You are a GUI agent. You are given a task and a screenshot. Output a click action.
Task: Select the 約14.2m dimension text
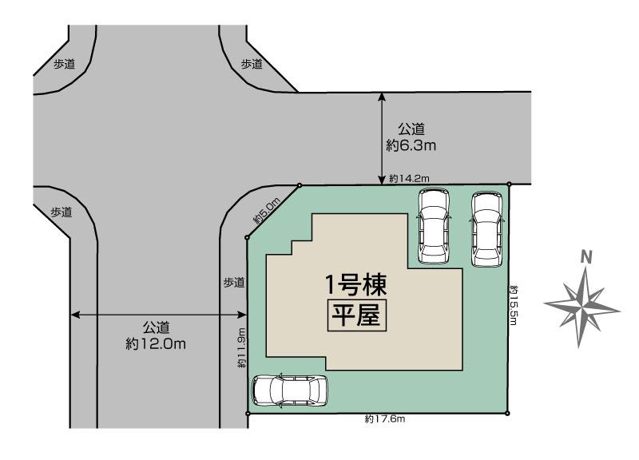pyautogui.click(x=411, y=178)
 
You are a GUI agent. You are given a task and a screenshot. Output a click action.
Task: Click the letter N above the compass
pyautogui.click(x=585, y=256)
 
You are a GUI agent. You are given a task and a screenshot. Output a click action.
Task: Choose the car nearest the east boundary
pyautogui.click(x=487, y=229)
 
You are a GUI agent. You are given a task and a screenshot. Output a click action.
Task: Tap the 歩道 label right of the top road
pyautogui.click(x=252, y=64)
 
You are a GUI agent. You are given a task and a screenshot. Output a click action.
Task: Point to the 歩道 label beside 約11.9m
pyautogui.click(x=233, y=282)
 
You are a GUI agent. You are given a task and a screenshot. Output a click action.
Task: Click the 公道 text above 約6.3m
pyautogui.click(x=411, y=129)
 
